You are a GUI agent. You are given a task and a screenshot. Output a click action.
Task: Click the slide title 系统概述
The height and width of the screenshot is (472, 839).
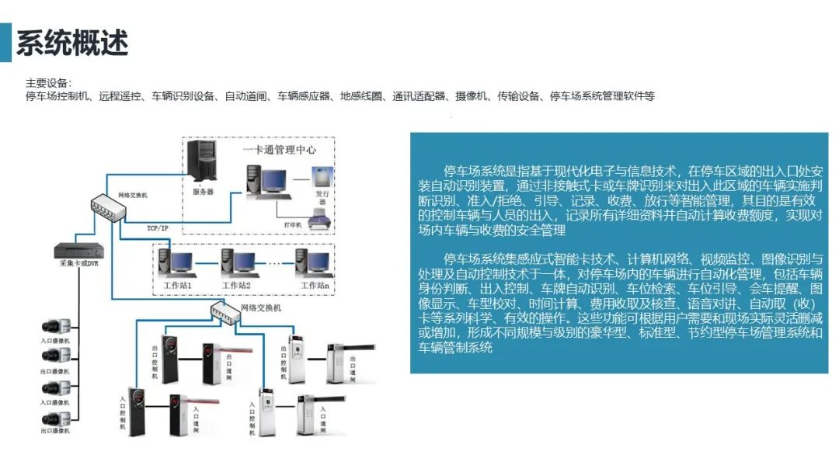[72, 43]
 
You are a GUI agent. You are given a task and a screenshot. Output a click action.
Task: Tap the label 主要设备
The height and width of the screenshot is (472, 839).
[47, 83]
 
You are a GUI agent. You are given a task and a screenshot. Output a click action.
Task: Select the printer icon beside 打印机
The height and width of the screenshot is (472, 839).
[319, 222]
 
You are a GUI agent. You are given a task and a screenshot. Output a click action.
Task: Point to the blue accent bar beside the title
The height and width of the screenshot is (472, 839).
[5, 42]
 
